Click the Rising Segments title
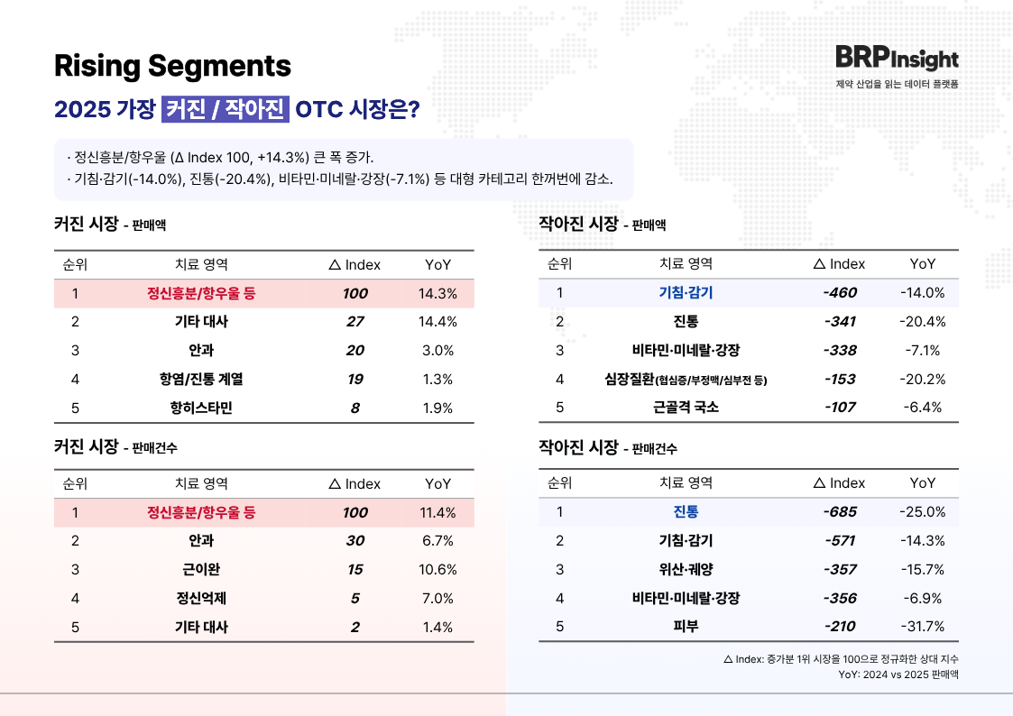click(x=172, y=66)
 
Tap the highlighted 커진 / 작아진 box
click(x=226, y=110)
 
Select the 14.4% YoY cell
click(x=437, y=322)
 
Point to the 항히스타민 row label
click(x=201, y=408)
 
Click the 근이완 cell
click(x=201, y=570)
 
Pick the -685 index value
click(x=840, y=512)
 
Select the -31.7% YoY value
click(x=922, y=627)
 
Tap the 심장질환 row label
click(x=686, y=380)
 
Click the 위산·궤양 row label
click(x=686, y=570)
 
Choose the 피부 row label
click(x=686, y=627)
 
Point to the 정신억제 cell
click(x=201, y=599)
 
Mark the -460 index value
click(x=840, y=293)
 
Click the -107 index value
click(x=840, y=408)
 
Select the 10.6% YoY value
click(x=437, y=570)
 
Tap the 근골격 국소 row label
click(x=686, y=408)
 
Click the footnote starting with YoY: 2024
click(x=898, y=675)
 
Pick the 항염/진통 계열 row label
click(x=201, y=380)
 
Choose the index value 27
click(x=355, y=322)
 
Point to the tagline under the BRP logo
click(x=897, y=84)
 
